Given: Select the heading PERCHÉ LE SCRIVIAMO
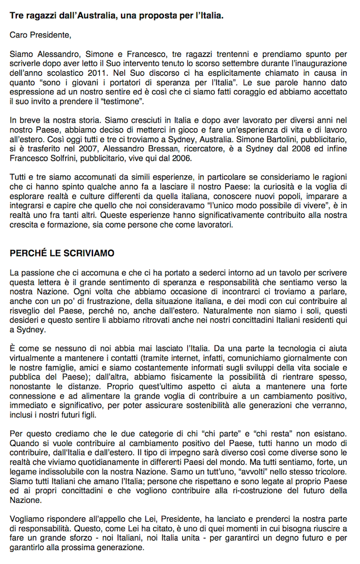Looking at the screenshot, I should pyautogui.click(x=62, y=253).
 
